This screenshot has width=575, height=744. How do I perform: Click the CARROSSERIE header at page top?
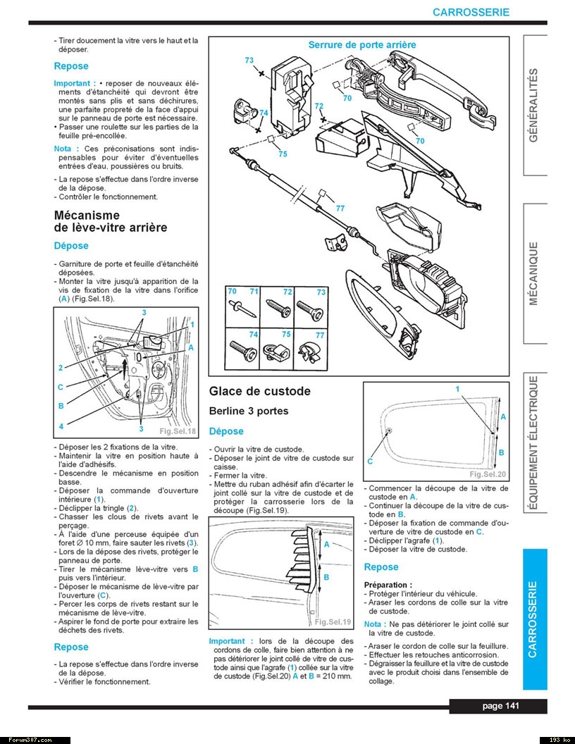[x=471, y=12]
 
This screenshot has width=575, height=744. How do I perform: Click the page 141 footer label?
[x=502, y=707]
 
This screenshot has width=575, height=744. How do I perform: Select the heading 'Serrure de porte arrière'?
[x=361, y=44]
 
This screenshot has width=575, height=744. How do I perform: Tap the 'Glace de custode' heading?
[x=259, y=391]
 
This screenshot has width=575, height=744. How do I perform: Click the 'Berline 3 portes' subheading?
[x=249, y=411]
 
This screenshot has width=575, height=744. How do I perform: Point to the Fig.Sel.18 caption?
[x=178, y=431]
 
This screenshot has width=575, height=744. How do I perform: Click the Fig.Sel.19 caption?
[x=333, y=621]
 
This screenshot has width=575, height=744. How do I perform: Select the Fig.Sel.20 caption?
[x=488, y=474]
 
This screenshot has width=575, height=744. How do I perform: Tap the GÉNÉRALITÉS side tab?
[x=533, y=105]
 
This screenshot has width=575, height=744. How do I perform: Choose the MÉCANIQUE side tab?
[x=533, y=273]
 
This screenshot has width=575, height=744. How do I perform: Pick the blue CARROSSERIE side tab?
[x=533, y=619]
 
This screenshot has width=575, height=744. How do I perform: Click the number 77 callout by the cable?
[x=340, y=208]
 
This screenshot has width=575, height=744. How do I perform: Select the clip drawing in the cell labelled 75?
[x=277, y=348]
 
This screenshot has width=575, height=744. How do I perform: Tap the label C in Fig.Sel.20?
[x=370, y=461]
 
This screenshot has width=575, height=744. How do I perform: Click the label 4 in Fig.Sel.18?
[x=61, y=426]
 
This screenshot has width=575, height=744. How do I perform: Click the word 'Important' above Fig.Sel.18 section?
[x=71, y=83]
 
